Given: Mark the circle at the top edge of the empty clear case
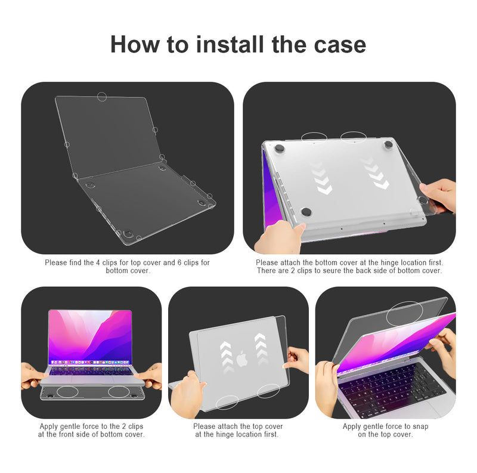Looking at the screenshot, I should (x=102, y=97).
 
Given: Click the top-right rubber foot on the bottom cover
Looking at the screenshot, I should (x=388, y=144).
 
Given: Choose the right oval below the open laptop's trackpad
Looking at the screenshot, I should (x=119, y=392).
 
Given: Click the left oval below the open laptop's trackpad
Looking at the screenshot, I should (x=67, y=392).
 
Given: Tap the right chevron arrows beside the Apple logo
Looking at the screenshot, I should (x=260, y=350).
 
